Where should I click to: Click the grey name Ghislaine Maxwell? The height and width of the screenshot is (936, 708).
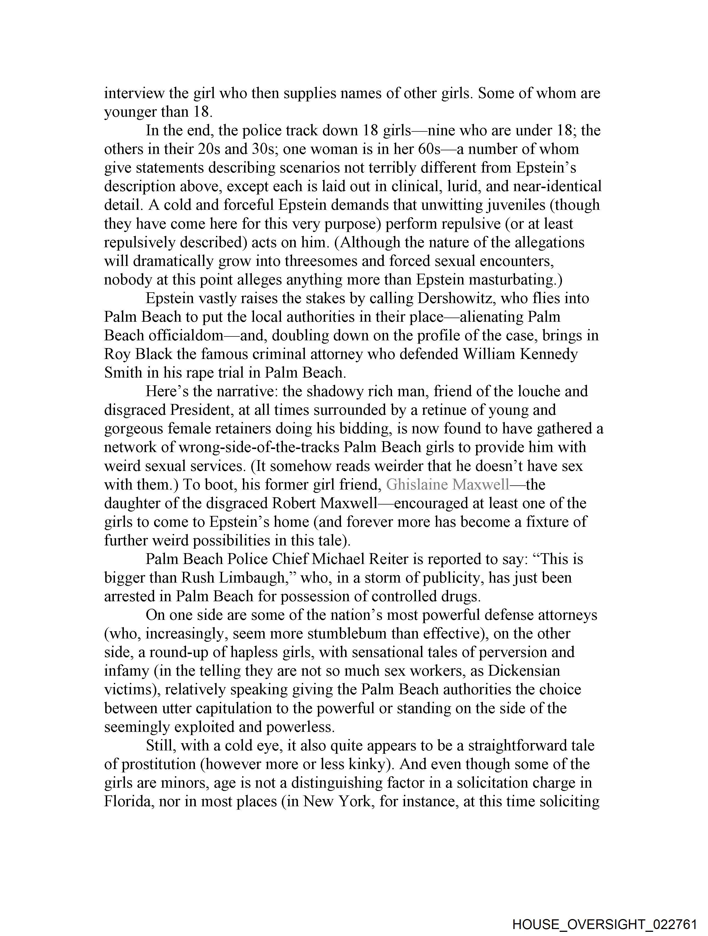(448, 485)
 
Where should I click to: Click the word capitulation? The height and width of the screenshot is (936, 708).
(235, 708)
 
